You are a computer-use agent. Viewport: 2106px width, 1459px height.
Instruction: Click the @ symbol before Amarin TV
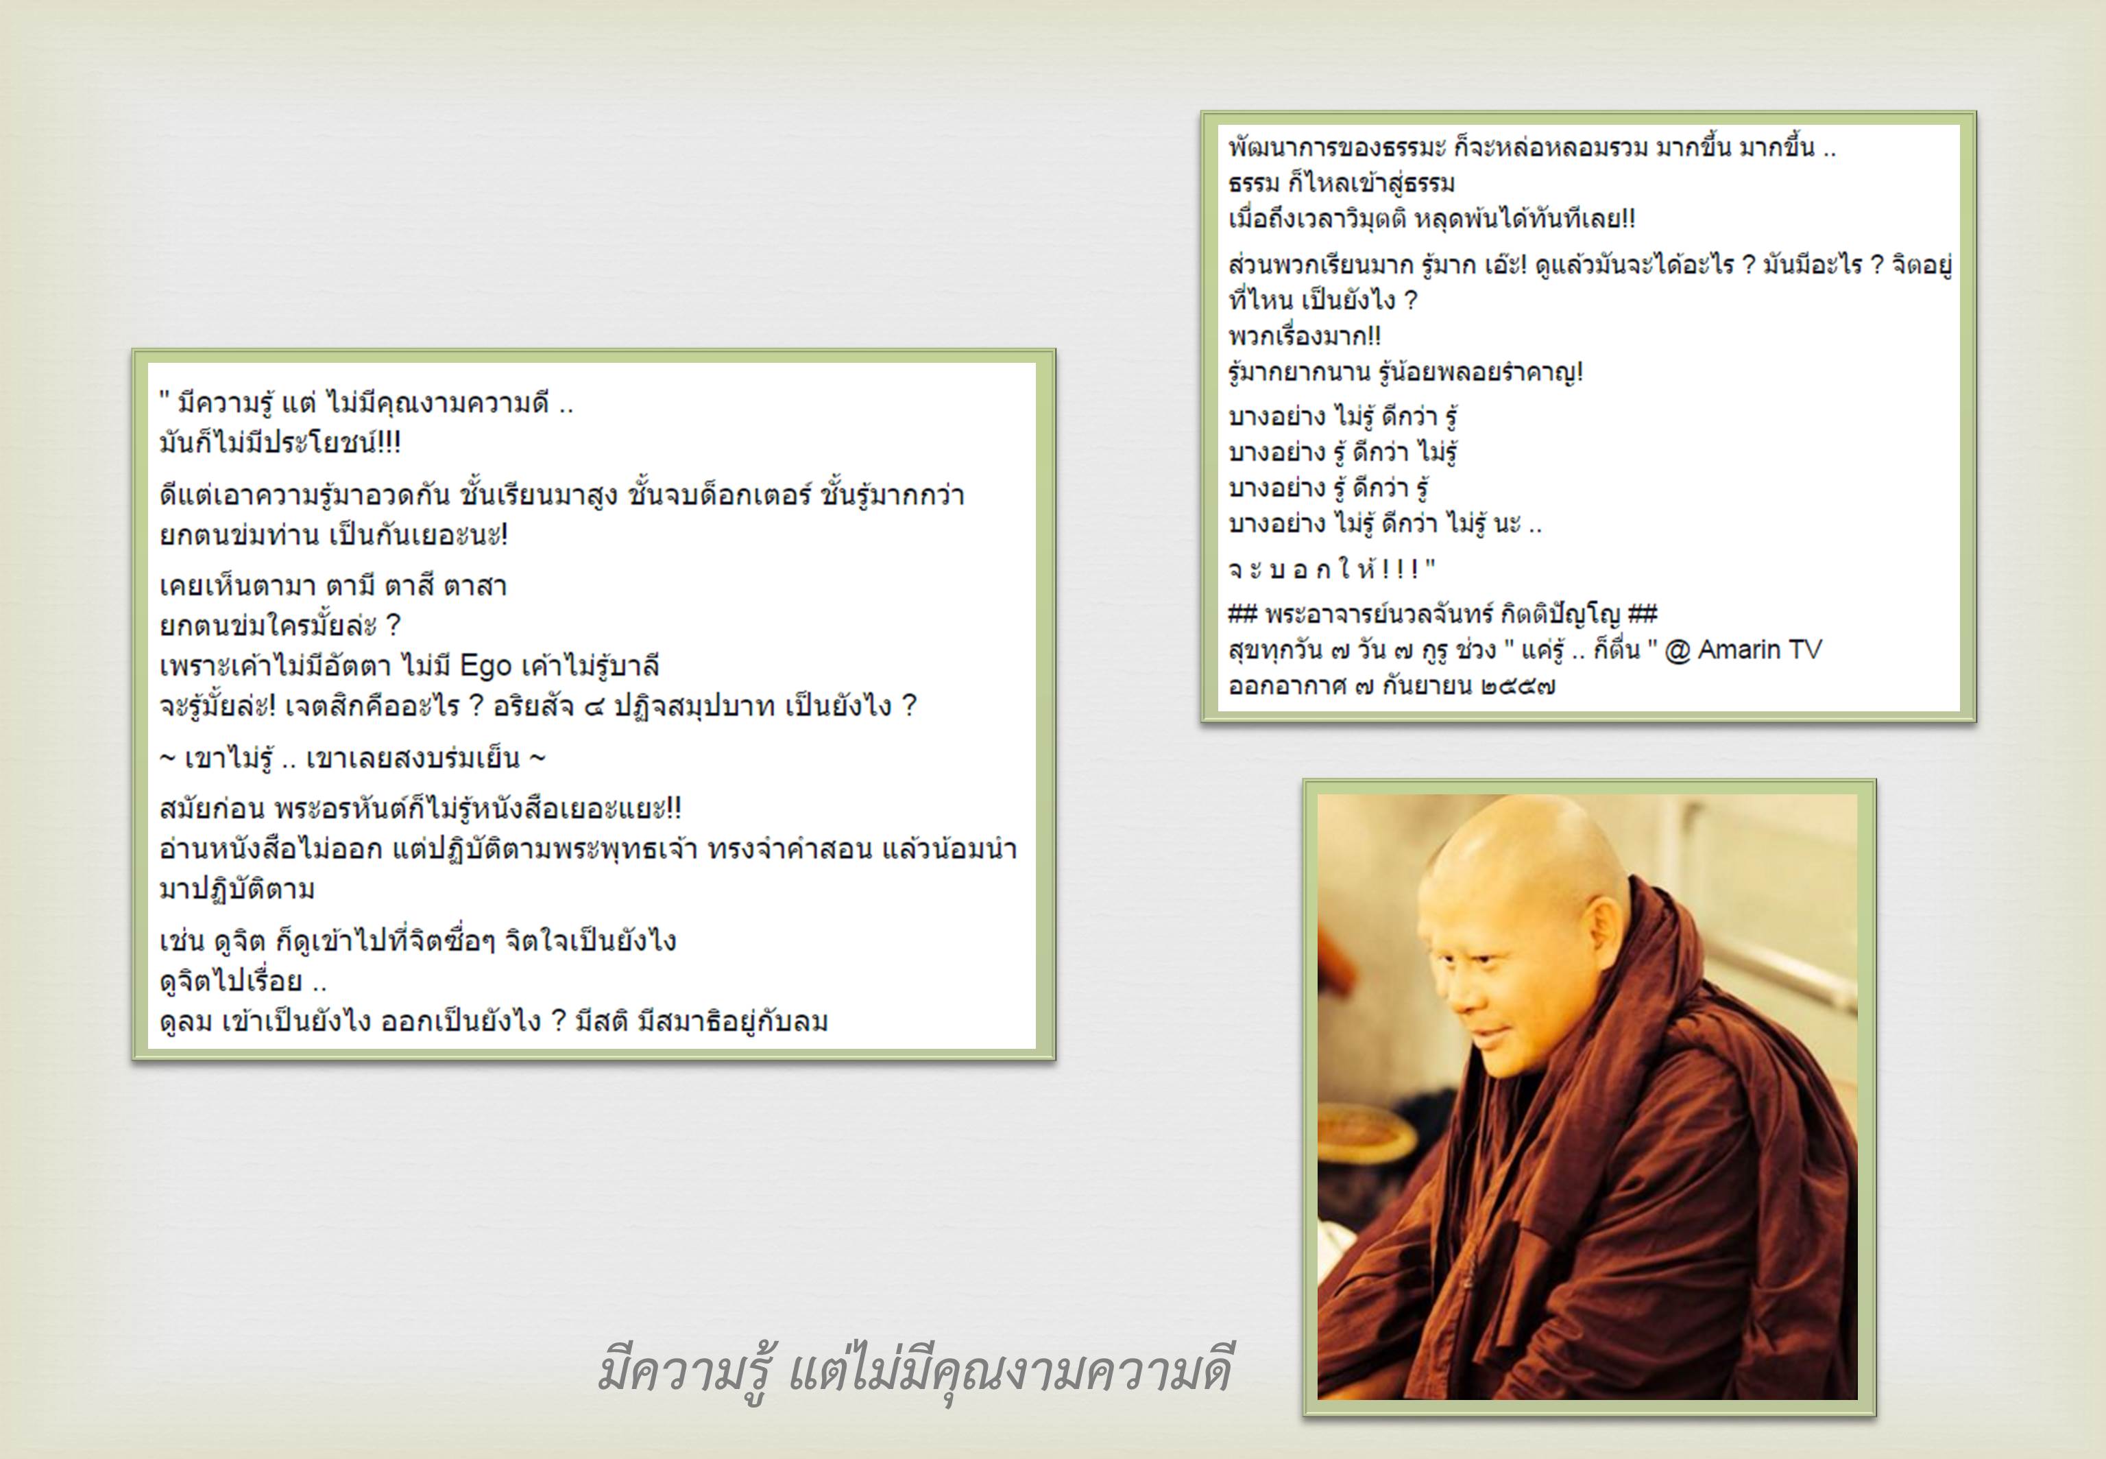(x=1678, y=651)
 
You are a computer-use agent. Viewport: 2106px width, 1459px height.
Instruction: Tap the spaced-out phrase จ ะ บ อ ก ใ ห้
(x=1321, y=569)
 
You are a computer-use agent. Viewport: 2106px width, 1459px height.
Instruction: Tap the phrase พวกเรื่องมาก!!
(x=1305, y=336)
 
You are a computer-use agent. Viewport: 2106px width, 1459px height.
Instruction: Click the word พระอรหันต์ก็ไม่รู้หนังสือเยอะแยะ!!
(x=478, y=809)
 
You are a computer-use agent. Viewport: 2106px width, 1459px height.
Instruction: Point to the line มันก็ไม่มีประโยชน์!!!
(x=280, y=443)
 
